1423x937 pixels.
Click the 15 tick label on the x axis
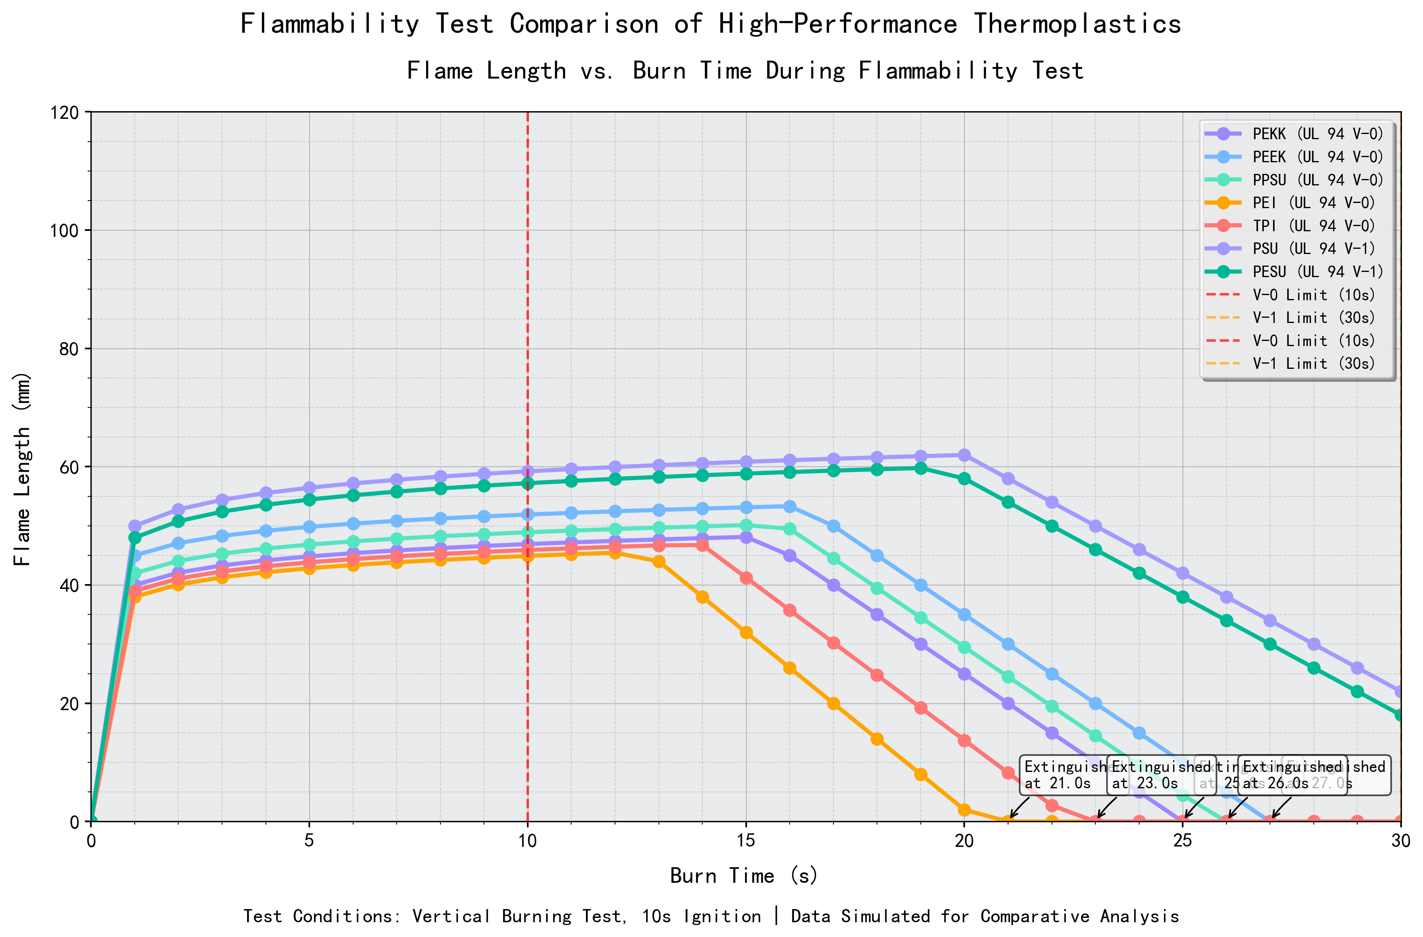[745, 841]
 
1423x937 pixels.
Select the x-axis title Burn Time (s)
[745, 876]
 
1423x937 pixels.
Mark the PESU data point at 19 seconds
[921, 468]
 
